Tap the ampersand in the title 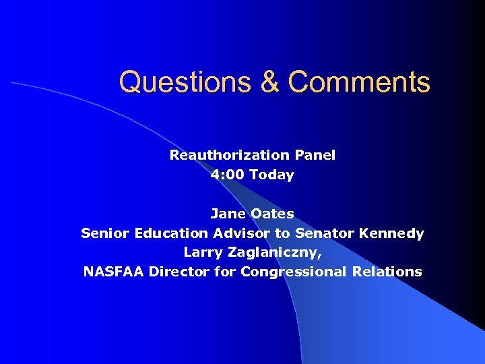pyautogui.click(x=269, y=82)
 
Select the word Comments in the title pyautogui.click(x=359, y=82)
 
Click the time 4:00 pyautogui.click(x=228, y=175)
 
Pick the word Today pyautogui.click(x=271, y=175)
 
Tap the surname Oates pyautogui.click(x=272, y=214)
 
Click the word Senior pyautogui.click(x=105, y=233)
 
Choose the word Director pyautogui.click(x=176, y=272)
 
